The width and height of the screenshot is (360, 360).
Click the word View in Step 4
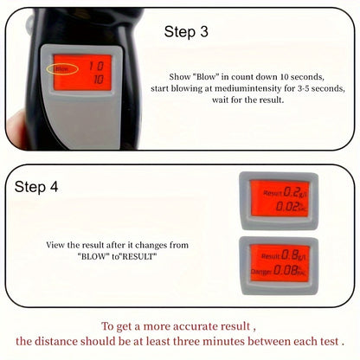click(56, 245)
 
